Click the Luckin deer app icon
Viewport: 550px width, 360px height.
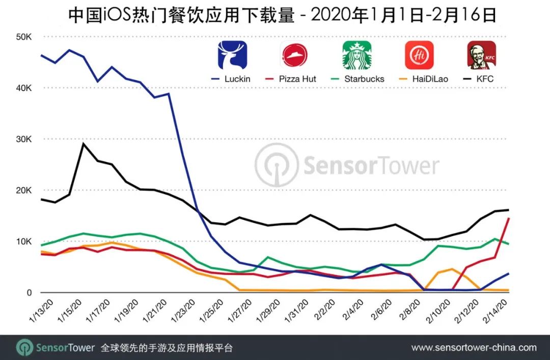[232, 55]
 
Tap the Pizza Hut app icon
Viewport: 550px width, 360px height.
[295, 55]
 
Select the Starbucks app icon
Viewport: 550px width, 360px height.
[356, 55]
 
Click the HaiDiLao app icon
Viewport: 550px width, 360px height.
[419, 55]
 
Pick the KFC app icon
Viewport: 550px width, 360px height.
[482, 55]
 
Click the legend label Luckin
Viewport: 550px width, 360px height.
[236, 79]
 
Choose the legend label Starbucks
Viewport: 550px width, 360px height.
[364, 79]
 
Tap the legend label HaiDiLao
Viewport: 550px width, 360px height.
[426, 79]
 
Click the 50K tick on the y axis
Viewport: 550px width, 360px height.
[23, 37]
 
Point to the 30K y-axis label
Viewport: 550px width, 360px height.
[23, 139]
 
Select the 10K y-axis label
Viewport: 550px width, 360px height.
[23, 241]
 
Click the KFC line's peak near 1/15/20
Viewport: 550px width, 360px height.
[84, 144]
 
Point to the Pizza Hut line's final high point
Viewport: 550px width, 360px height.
[509, 218]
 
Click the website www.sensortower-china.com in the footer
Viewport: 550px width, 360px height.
[474, 348]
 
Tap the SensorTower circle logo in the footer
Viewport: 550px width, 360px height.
[24, 348]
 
